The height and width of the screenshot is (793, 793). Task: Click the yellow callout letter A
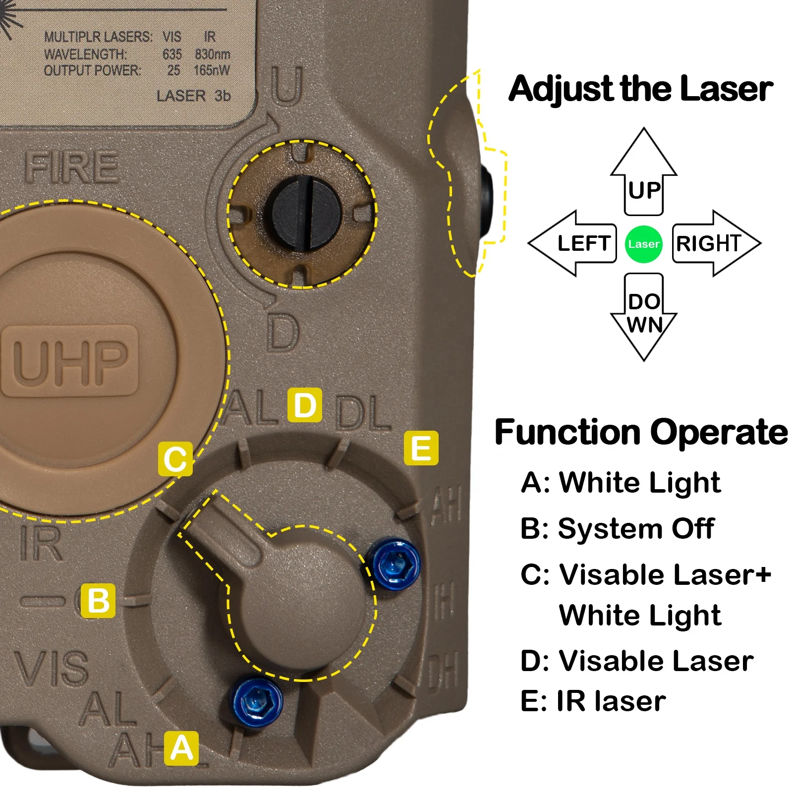181,748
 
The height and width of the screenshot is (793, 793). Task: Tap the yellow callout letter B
98,601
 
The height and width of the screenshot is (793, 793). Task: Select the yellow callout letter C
175,459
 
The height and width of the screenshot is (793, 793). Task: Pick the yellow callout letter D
305,405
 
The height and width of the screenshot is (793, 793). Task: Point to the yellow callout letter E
421,448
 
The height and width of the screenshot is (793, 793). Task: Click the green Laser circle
643,244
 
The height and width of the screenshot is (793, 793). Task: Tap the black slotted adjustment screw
307,212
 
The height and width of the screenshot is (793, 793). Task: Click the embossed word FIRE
72,167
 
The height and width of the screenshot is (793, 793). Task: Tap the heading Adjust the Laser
640,89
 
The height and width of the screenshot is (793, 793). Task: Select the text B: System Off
617,528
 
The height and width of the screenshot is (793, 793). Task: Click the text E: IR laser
593,701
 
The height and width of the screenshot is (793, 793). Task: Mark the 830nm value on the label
212,54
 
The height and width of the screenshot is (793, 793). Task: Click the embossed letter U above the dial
286,85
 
